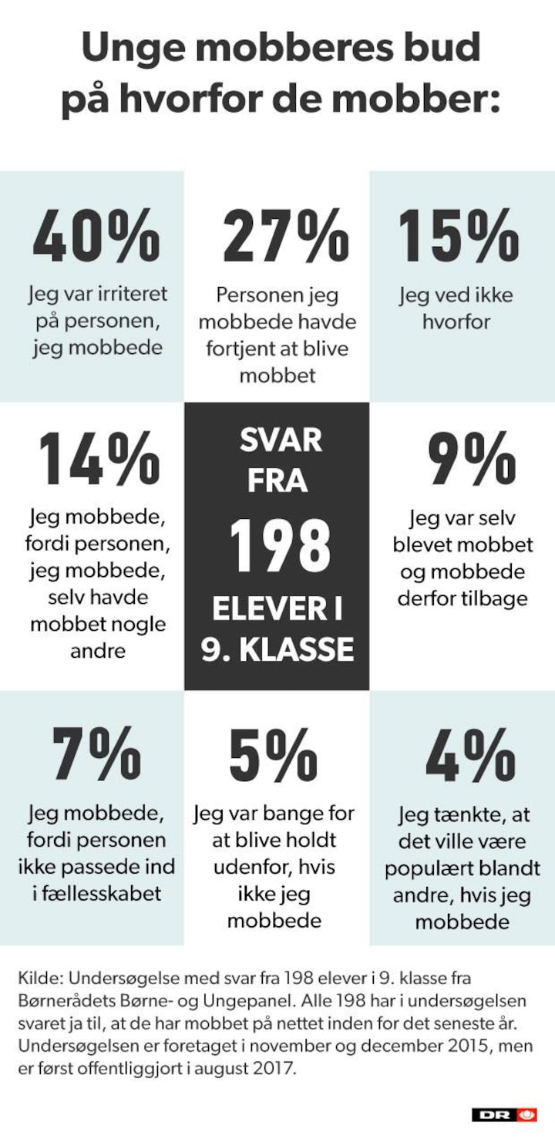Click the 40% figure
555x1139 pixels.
96,235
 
